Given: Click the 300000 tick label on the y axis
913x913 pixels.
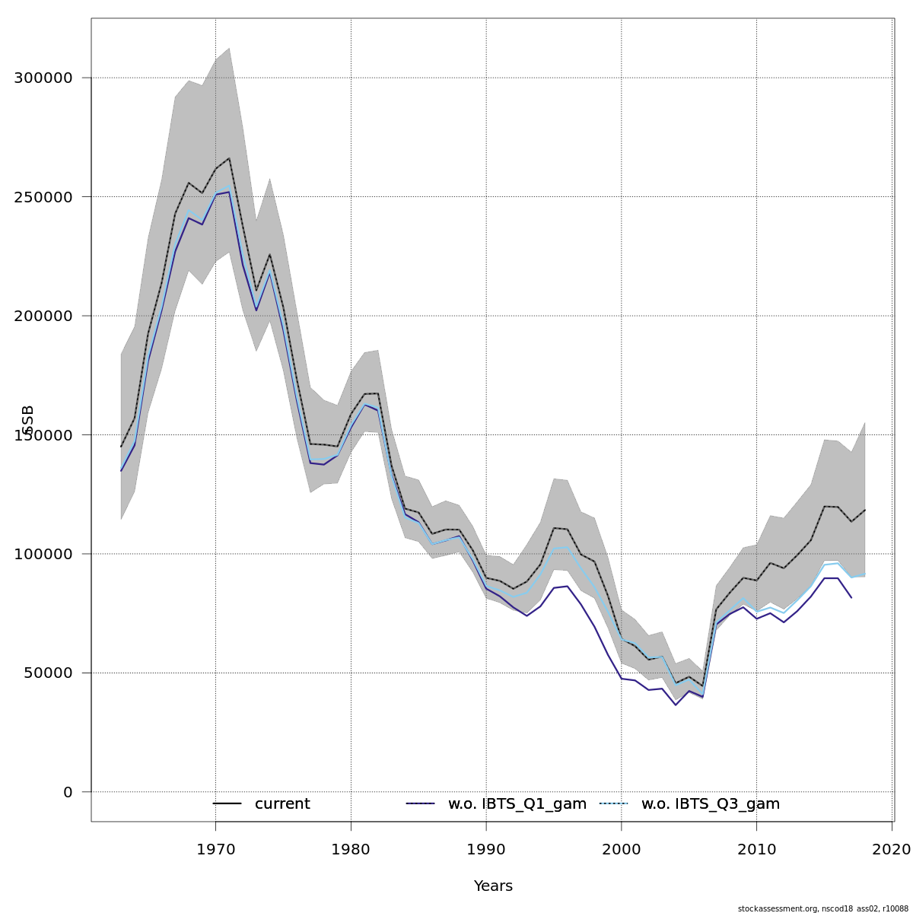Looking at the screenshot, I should point(43,78).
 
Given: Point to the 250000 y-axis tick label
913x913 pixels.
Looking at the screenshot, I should point(43,197).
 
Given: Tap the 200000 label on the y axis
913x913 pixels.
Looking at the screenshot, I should point(43,316).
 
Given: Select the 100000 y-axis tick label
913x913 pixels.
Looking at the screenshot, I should point(43,554).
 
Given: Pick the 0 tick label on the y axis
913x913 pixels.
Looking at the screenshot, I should point(68,792).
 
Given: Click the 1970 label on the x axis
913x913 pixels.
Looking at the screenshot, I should point(215,848).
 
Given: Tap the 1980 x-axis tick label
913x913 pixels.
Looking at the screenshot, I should point(351,848).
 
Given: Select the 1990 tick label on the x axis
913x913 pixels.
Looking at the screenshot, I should point(486,848).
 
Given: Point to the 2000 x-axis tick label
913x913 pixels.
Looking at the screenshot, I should point(622,848).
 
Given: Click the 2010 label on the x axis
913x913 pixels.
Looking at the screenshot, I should point(757,848).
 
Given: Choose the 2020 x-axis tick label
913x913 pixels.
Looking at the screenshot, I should point(892,848).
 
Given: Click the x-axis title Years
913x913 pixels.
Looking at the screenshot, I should point(493,886).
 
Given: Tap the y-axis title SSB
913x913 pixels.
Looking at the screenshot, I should point(29,420).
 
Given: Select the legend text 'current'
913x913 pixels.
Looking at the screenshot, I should point(282,804).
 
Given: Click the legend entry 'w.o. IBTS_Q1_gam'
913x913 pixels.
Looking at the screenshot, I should point(517,804).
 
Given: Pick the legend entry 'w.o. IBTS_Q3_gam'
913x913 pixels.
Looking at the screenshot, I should point(711,804).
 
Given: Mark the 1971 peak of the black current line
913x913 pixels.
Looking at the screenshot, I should point(229,158).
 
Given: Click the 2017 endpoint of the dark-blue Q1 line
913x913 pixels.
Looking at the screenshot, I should point(851,598).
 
